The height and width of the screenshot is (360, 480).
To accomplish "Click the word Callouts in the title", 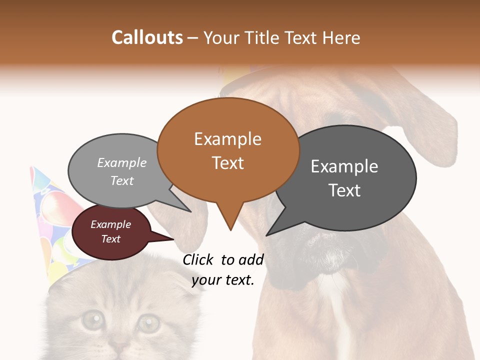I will point(147,37).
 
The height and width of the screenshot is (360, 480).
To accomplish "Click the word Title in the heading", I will point(261,38).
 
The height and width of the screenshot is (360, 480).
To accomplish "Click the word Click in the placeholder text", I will point(199,259).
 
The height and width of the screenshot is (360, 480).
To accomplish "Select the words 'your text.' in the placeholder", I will point(223,280).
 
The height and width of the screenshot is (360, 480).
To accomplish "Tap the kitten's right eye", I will point(148,322).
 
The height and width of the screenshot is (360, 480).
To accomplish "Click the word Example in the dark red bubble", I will point(111,224).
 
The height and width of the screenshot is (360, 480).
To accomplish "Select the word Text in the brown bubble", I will point(228,163).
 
